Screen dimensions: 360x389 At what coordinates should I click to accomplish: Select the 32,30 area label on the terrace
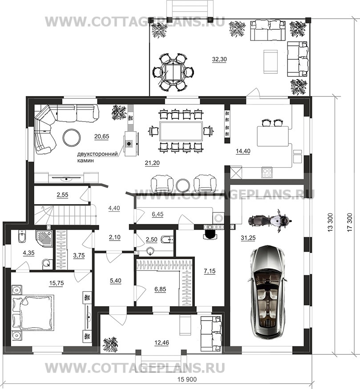pyautogui.click(x=219, y=59)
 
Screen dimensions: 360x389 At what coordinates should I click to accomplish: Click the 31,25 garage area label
pyautogui.click(x=248, y=238)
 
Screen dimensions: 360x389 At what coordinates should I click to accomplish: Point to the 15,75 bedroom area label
pyautogui.click(x=57, y=283)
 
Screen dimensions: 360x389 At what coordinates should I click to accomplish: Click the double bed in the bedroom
pyautogui.click(x=33, y=313)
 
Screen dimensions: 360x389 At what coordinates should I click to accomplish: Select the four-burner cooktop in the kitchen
pyautogui.click(x=267, y=172)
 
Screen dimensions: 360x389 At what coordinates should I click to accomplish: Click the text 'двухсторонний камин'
pyautogui.click(x=97, y=157)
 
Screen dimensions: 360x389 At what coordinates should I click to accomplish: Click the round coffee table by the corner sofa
pyautogui.click(x=72, y=137)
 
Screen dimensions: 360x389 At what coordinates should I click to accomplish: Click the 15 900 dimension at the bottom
pyautogui.click(x=187, y=380)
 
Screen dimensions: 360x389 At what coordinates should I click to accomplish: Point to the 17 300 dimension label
pyautogui.click(x=350, y=222)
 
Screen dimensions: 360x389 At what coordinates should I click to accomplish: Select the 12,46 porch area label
pyautogui.click(x=162, y=343)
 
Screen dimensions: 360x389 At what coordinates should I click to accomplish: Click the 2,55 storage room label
pyautogui.click(x=62, y=195)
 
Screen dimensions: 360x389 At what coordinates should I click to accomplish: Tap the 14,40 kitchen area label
pyautogui.click(x=243, y=151)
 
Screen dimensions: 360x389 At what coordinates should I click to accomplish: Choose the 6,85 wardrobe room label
pyautogui.click(x=160, y=289)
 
